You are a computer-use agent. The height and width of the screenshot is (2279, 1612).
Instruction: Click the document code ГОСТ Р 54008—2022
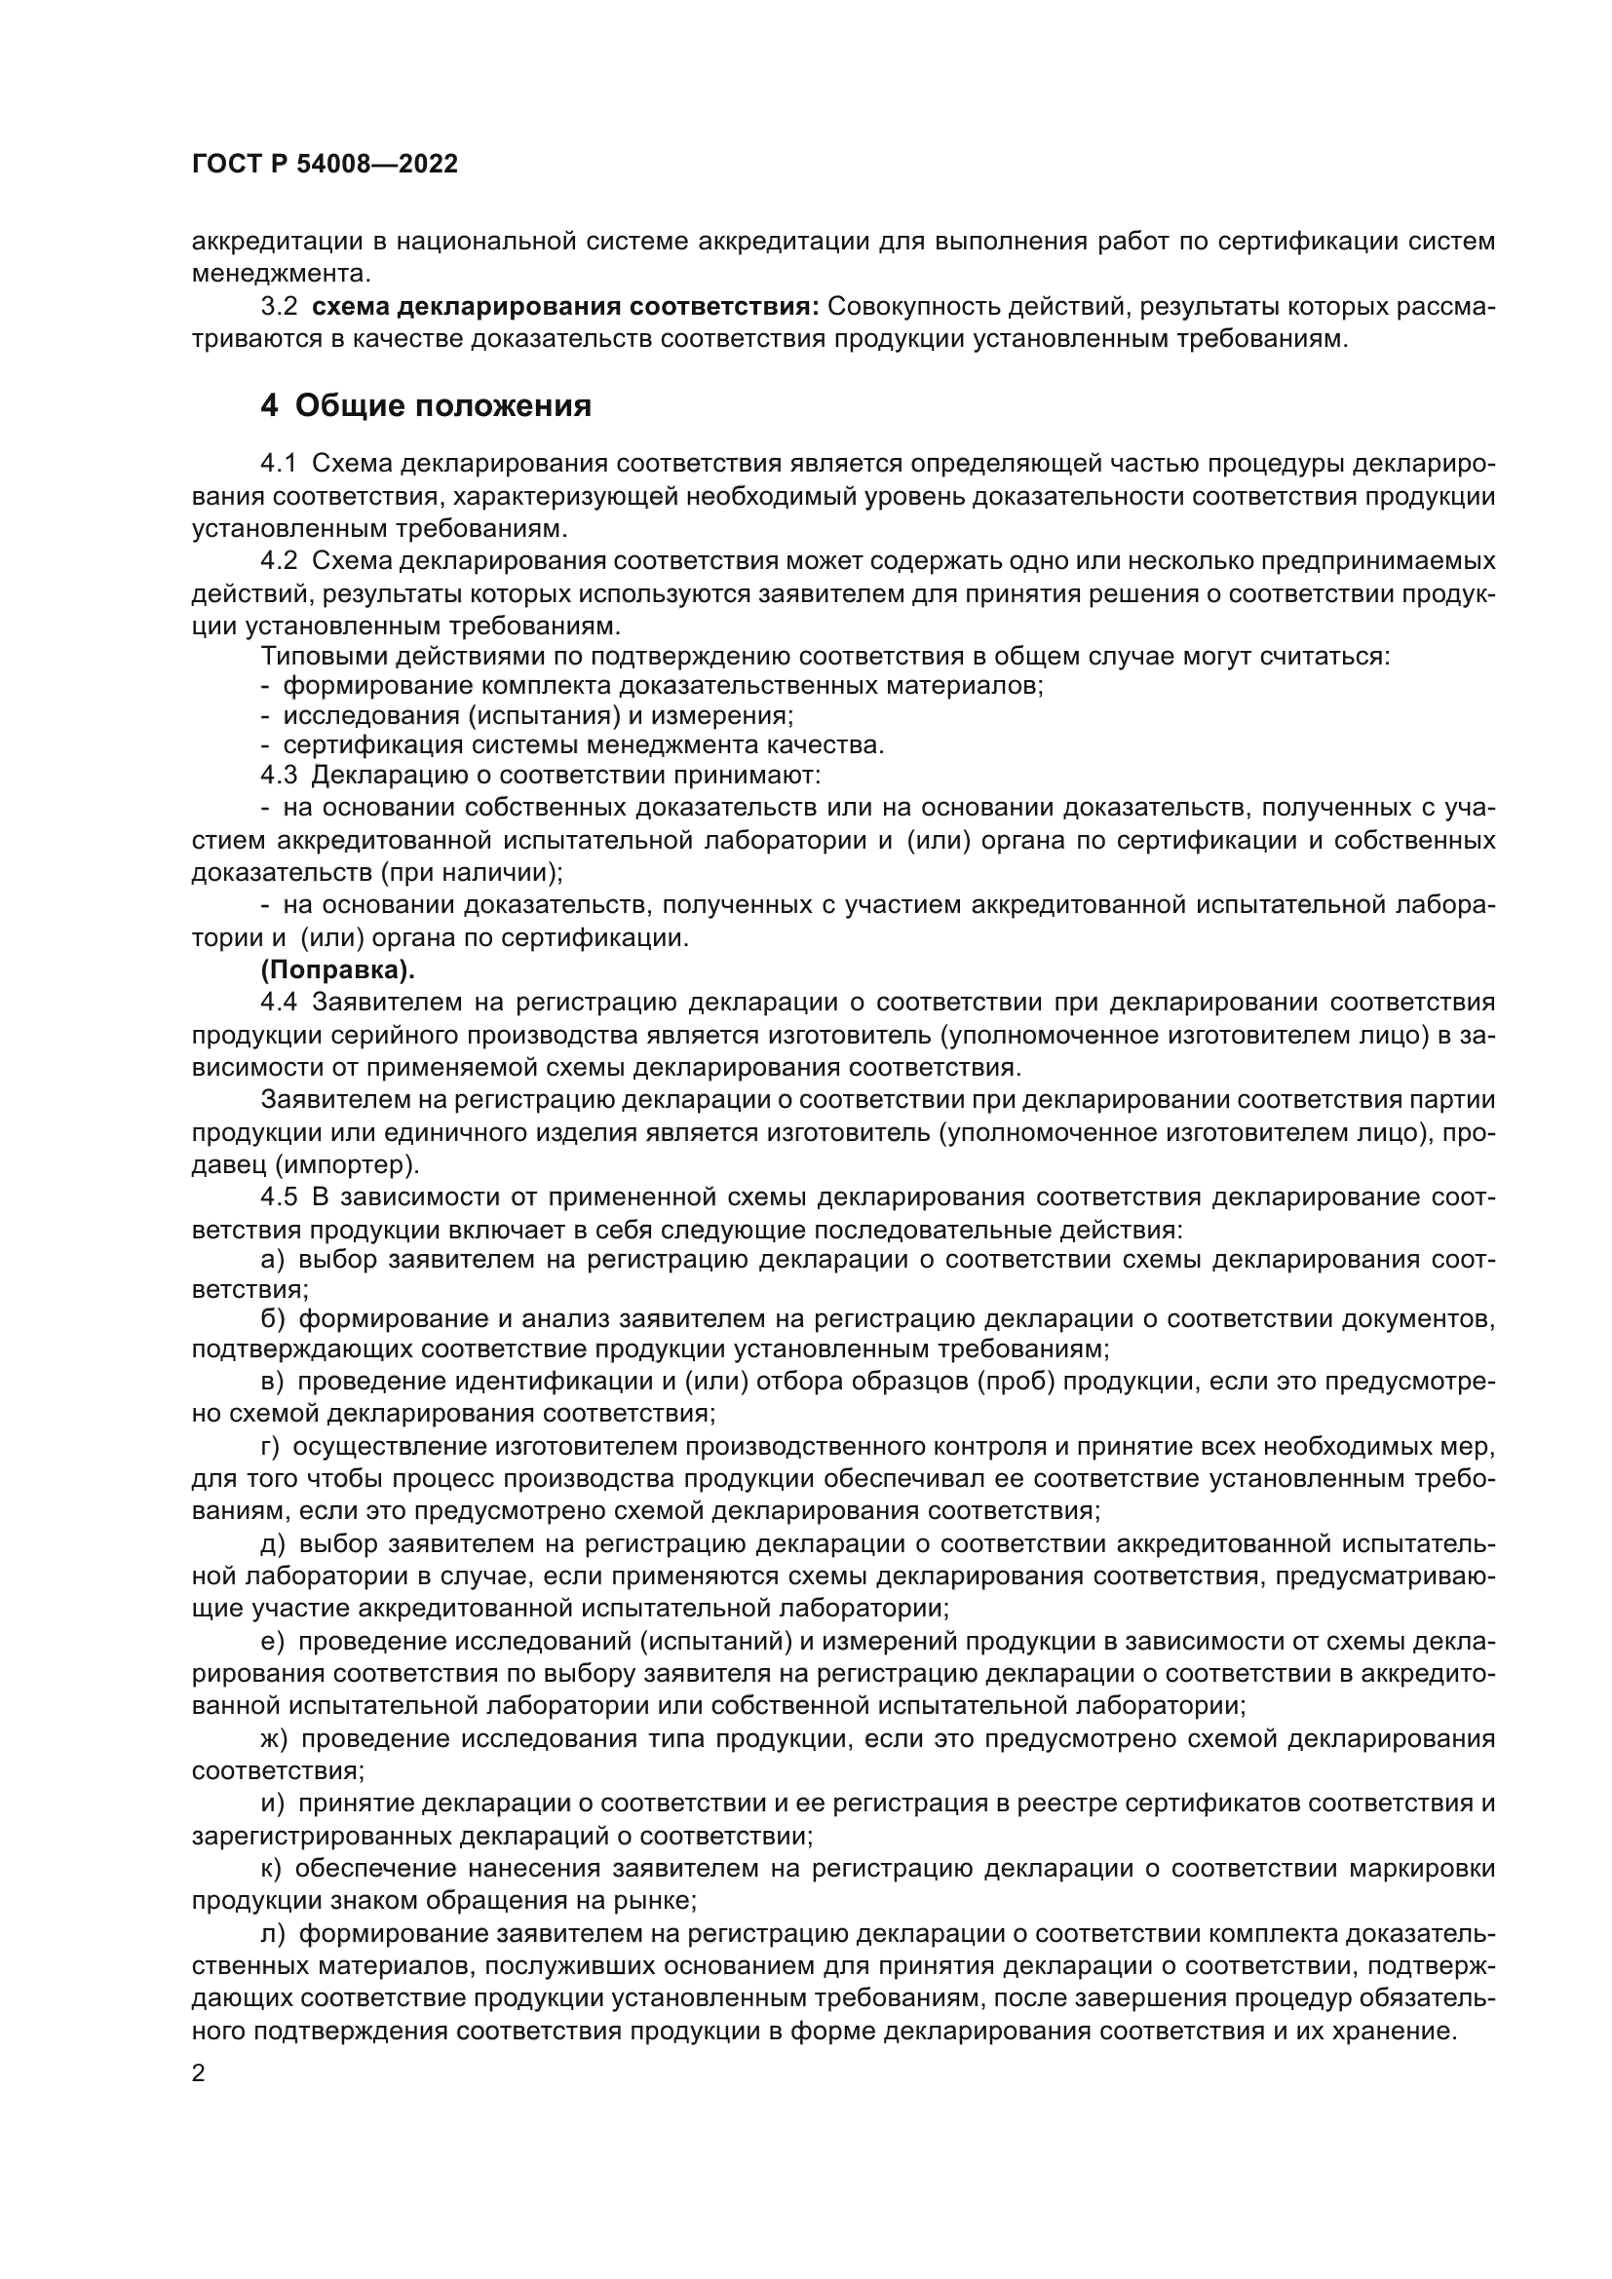click(x=325, y=165)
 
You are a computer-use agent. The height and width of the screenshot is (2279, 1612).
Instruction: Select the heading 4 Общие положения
click(x=426, y=406)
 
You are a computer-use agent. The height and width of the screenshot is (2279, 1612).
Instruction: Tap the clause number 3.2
click(x=279, y=307)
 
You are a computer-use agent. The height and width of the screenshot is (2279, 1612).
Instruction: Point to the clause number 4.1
click(x=279, y=464)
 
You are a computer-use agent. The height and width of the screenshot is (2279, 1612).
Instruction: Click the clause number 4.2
click(x=279, y=561)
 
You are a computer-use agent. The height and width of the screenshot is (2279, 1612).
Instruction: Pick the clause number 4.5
click(x=279, y=1197)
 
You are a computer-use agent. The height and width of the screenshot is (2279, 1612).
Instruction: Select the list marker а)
click(x=272, y=1260)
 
